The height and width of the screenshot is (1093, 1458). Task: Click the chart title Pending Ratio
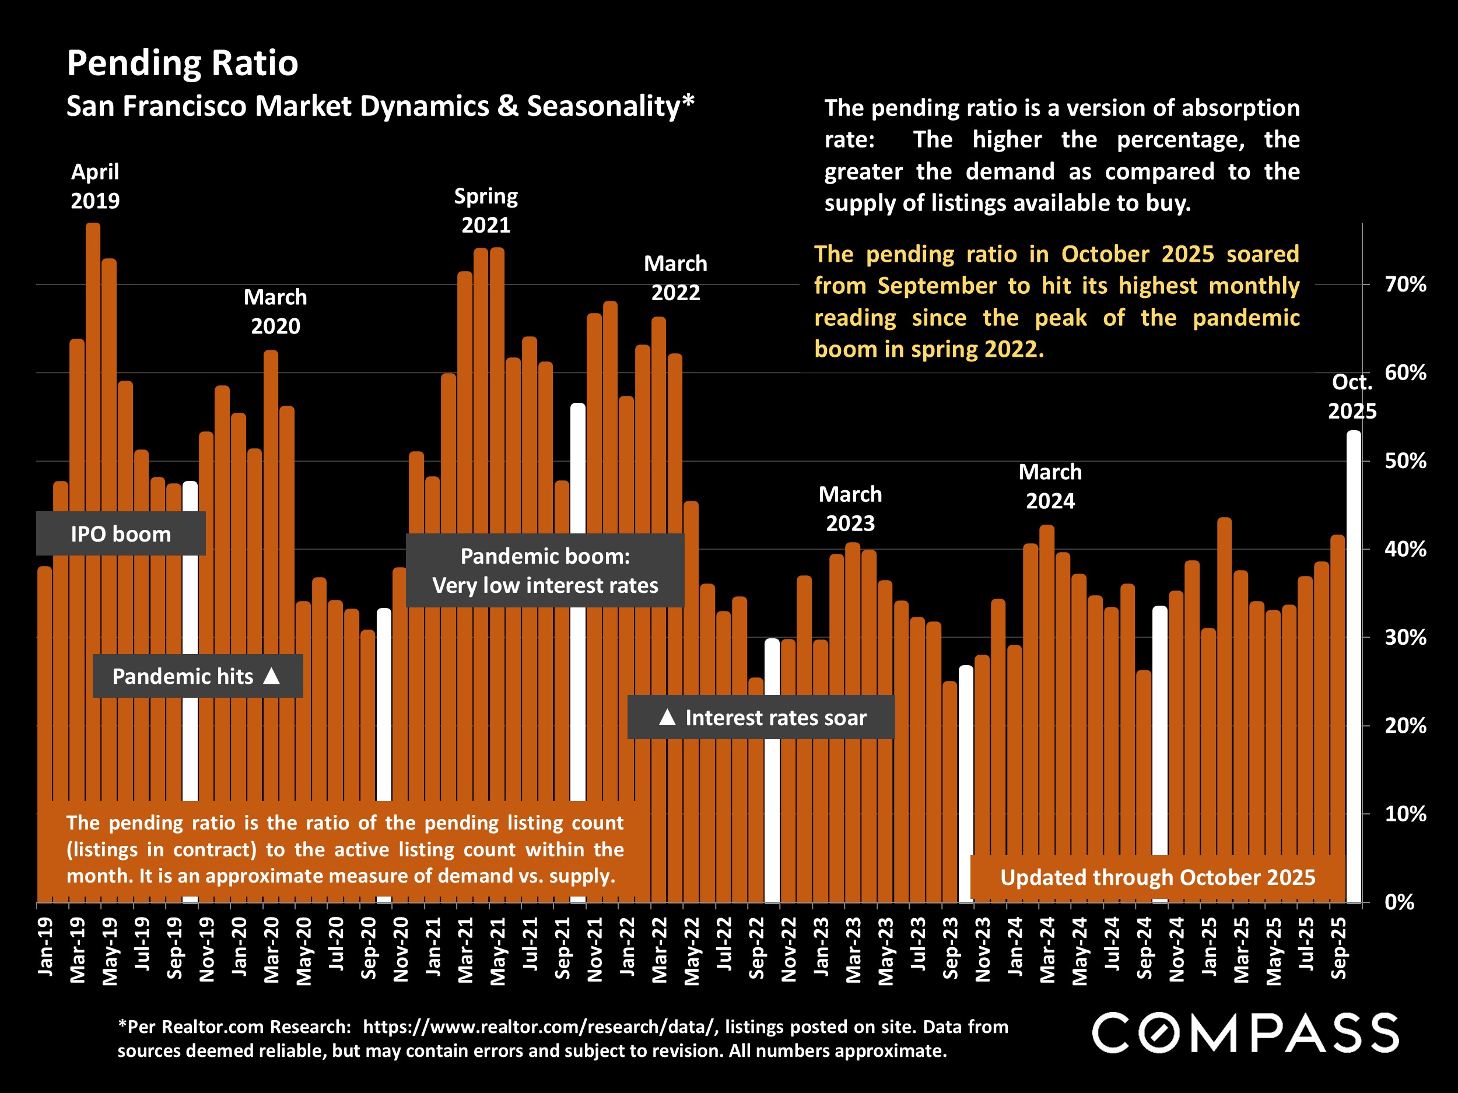tap(183, 63)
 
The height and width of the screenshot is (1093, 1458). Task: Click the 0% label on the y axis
tap(1399, 902)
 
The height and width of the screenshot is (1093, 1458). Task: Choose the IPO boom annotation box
tap(121, 533)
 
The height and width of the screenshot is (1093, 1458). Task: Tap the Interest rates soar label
tap(775, 718)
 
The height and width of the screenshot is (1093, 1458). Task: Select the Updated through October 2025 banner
tap(1158, 877)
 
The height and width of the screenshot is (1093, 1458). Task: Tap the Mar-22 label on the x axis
tap(659, 948)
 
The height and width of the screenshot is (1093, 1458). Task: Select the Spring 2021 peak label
tap(486, 210)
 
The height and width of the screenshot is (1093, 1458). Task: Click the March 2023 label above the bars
tap(850, 509)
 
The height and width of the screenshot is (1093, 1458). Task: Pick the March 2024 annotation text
tap(1050, 486)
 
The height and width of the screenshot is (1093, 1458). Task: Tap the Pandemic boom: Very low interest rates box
tap(545, 571)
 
